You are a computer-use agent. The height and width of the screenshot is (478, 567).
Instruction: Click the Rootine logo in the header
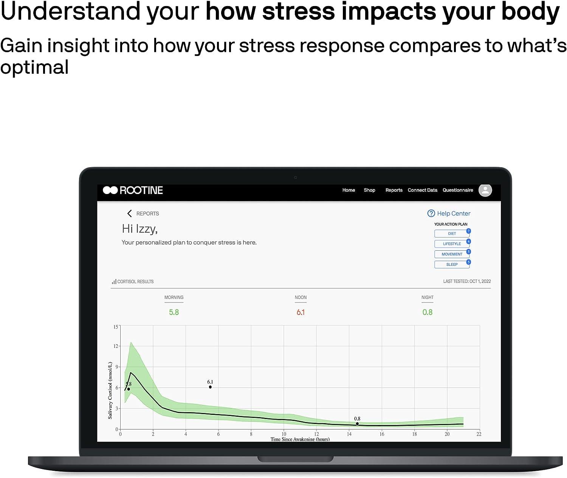[x=133, y=190]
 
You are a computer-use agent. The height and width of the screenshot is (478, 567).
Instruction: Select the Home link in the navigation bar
[x=349, y=190]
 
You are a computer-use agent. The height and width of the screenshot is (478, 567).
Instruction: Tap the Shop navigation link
[x=369, y=190]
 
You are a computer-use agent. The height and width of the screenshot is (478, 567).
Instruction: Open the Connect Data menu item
[x=422, y=190]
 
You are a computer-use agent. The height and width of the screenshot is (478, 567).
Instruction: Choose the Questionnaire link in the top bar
[x=458, y=190]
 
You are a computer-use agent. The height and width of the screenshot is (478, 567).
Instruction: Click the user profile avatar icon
[x=485, y=190]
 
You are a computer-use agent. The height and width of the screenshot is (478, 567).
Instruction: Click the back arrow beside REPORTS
[x=129, y=214]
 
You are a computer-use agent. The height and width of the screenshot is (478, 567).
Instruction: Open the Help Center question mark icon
[x=431, y=213]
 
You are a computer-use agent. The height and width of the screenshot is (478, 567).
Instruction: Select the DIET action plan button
[x=452, y=234]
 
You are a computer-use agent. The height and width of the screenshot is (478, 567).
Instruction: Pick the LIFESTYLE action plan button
[x=452, y=244]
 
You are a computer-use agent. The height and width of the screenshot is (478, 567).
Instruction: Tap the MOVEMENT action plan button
[x=452, y=254]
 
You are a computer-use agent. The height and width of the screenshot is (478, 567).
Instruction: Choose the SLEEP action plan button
[x=452, y=264]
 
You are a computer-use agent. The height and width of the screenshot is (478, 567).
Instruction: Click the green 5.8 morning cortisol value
[x=174, y=312]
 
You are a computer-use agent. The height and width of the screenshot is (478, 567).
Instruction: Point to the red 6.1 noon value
[x=301, y=312]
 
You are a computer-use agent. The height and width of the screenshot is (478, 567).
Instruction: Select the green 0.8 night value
[x=427, y=312]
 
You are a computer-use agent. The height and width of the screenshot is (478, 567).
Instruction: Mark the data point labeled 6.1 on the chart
[x=210, y=387]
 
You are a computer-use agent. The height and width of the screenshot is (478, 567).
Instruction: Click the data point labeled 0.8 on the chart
[x=357, y=424]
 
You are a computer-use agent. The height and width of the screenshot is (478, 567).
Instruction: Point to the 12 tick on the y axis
[x=116, y=346]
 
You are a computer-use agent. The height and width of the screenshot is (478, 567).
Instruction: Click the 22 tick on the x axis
[x=479, y=434]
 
